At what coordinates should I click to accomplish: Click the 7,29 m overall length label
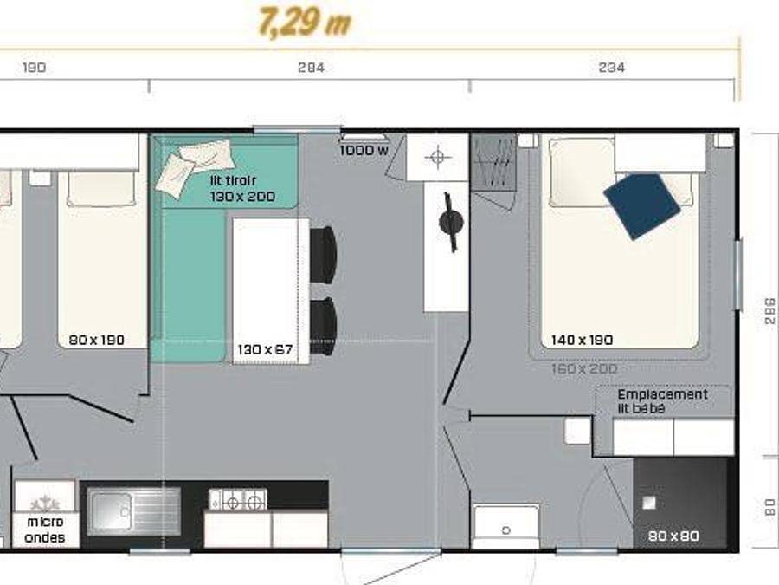(304, 23)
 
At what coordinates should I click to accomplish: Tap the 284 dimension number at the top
(310, 68)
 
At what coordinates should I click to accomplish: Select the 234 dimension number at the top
(611, 68)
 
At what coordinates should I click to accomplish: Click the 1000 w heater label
(364, 151)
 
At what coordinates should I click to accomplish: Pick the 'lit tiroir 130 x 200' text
(242, 189)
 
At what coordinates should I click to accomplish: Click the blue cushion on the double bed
(642, 205)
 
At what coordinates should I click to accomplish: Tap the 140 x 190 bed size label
(582, 340)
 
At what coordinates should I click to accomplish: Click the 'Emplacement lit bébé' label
(662, 400)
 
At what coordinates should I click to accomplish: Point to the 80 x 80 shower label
(673, 536)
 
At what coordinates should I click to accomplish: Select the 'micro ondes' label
(45, 529)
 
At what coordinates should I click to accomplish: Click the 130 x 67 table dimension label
(265, 351)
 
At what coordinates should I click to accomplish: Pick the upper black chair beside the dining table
(323, 254)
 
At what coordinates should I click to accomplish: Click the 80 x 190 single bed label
(96, 340)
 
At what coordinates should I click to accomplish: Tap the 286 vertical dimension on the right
(770, 310)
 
